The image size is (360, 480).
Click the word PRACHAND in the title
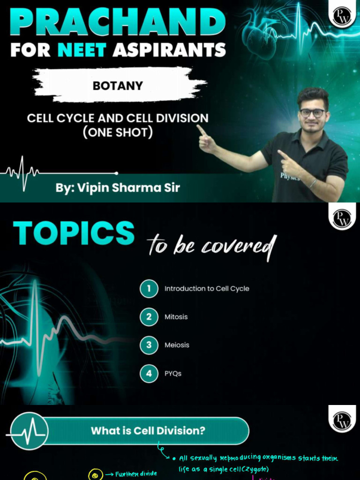[118, 21]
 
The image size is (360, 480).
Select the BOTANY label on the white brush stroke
[118, 86]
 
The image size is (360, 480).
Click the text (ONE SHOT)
[118, 132]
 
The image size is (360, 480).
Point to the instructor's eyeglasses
[312, 113]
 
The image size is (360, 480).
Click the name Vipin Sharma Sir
[118, 188]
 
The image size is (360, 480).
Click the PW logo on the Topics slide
[342, 218]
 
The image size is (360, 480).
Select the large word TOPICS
[74, 233]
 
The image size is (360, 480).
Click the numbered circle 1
[149, 289]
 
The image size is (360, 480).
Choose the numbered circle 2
[149, 317]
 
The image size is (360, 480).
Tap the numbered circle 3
[149, 345]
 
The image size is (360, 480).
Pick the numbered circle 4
[149, 374]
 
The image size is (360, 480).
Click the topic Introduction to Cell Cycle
[207, 289]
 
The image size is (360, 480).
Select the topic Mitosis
[176, 317]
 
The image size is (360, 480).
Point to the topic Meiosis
[177, 345]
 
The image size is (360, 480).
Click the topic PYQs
[173, 374]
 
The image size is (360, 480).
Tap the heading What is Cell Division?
[148, 430]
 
